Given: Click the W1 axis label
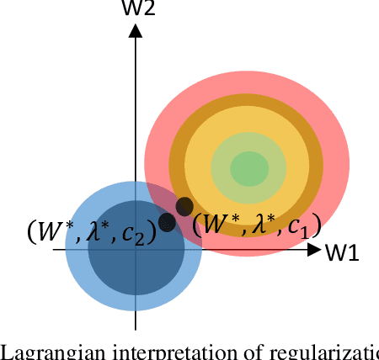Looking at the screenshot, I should pos(342,252).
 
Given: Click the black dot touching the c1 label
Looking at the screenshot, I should pos(184,206).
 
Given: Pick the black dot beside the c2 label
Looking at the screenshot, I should pos(167,222).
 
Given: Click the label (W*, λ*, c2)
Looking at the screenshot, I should pos(91,231).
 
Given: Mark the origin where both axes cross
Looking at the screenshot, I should pos(136,250).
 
